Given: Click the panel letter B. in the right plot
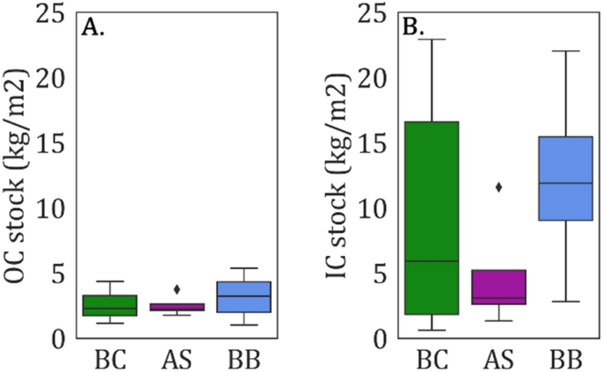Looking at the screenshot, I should (413, 27).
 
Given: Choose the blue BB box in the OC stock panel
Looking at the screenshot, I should (243, 297).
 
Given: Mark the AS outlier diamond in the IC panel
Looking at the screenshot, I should (499, 186).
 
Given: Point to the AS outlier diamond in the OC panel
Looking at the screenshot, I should (178, 288).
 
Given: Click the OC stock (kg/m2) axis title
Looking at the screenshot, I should (18, 175).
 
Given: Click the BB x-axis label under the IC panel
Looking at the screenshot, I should (565, 360).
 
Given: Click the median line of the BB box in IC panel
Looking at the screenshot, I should (565, 183).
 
